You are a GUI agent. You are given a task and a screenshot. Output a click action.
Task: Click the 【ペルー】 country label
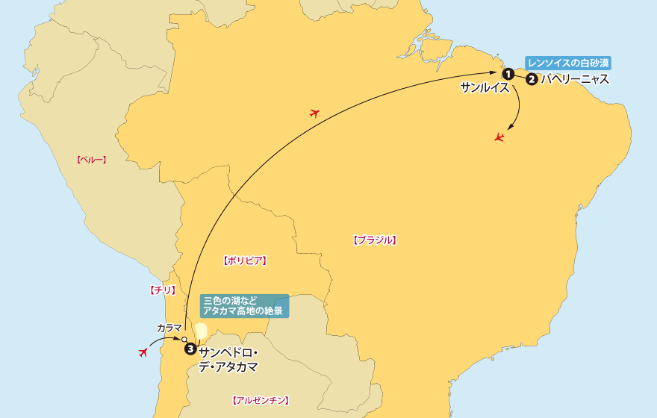(x=92, y=159)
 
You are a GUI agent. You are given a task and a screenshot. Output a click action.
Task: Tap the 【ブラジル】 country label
(x=373, y=240)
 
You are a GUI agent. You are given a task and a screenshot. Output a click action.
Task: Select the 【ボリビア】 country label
(x=245, y=261)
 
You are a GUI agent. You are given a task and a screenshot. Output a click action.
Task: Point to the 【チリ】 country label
(x=162, y=290)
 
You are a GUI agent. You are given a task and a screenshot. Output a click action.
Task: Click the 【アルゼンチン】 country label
(x=261, y=400)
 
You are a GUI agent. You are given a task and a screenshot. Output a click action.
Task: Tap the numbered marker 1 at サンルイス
(x=508, y=73)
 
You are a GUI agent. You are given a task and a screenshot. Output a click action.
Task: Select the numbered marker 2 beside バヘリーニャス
(x=532, y=79)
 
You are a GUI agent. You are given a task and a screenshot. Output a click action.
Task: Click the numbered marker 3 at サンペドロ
(x=190, y=348)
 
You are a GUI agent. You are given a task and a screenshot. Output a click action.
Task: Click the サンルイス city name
(x=485, y=88)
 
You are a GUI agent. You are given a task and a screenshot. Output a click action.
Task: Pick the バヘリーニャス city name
(x=575, y=79)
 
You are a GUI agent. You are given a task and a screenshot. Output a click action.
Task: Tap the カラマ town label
(x=169, y=328)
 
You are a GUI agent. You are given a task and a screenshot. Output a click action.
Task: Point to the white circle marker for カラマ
(x=184, y=340)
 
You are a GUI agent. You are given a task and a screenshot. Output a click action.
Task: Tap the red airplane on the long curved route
(x=314, y=113)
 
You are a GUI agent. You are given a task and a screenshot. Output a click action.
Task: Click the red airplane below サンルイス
(x=499, y=137)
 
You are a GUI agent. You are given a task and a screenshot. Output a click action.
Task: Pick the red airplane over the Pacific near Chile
(x=143, y=352)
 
